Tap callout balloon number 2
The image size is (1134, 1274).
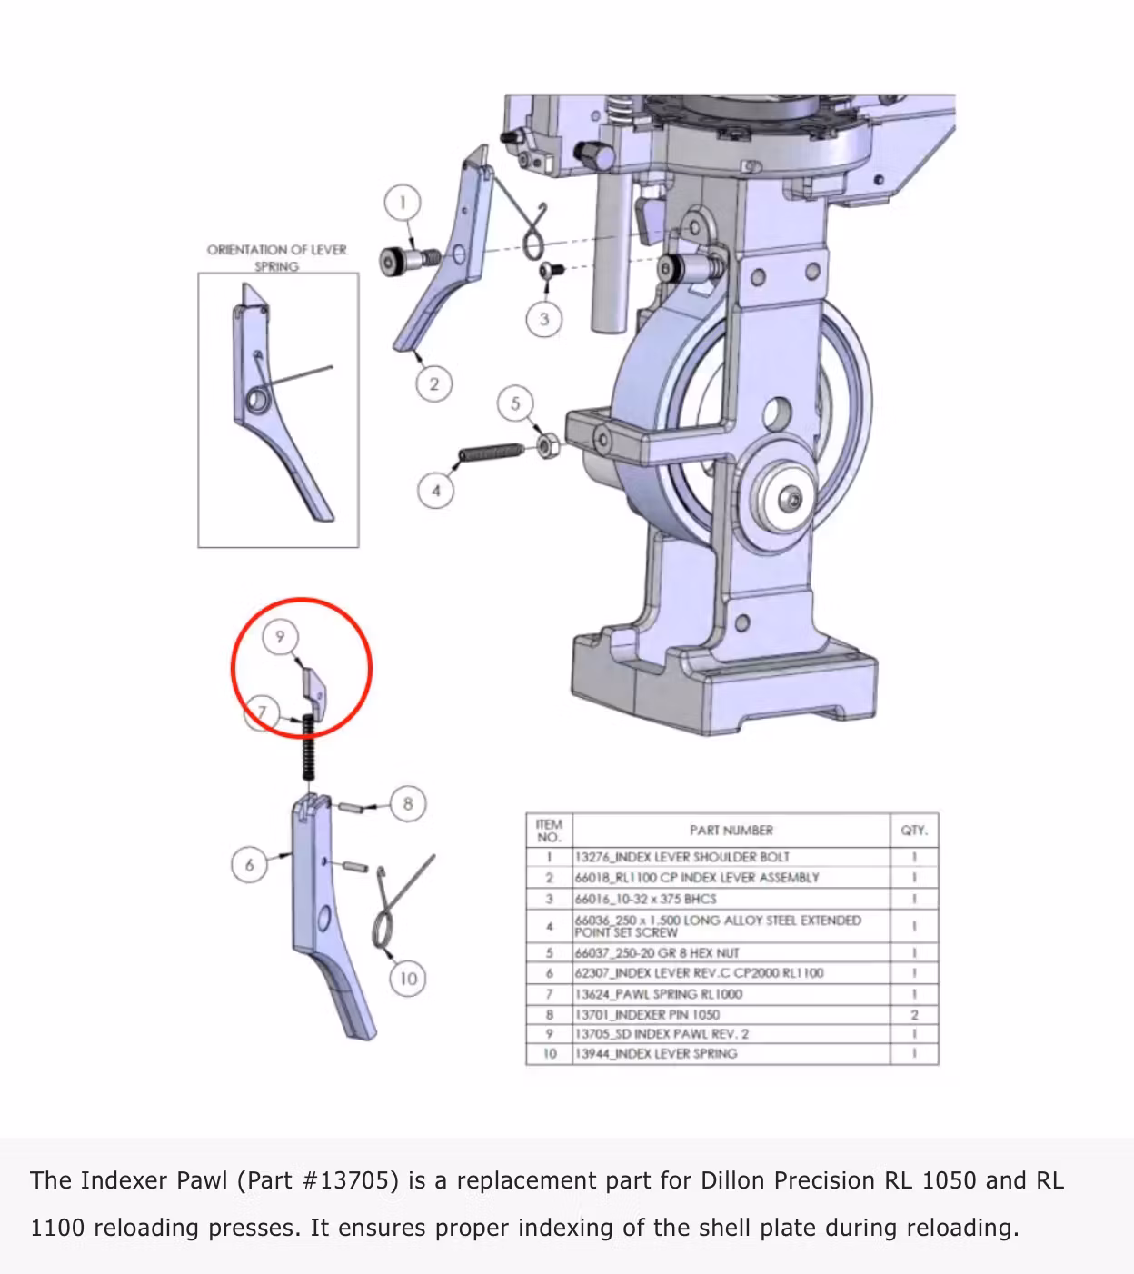[x=433, y=384]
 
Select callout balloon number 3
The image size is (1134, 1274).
[x=543, y=319]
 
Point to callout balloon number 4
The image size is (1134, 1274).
[x=435, y=491]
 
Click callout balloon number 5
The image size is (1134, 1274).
[x=515, y=403]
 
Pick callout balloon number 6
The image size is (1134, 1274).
[x=249, y=864]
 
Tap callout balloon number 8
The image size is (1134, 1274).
[x=407, y=803]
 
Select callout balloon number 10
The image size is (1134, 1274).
[x=408, y=979]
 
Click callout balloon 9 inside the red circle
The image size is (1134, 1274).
[x=280, y=637]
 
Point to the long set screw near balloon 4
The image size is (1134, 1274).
[x=492, y=451]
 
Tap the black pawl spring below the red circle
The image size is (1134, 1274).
[x=309, y=747]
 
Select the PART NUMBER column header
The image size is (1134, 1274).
[x=731, y=831]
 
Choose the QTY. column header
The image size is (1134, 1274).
[x=913, y=831]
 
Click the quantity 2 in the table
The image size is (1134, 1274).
[x=914, y=1014]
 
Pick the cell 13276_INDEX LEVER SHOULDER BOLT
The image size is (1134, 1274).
[x=681, y=857]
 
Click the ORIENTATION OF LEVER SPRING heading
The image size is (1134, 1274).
[x=276, y=257]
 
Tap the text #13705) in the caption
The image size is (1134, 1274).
[x=350, y=1180]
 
